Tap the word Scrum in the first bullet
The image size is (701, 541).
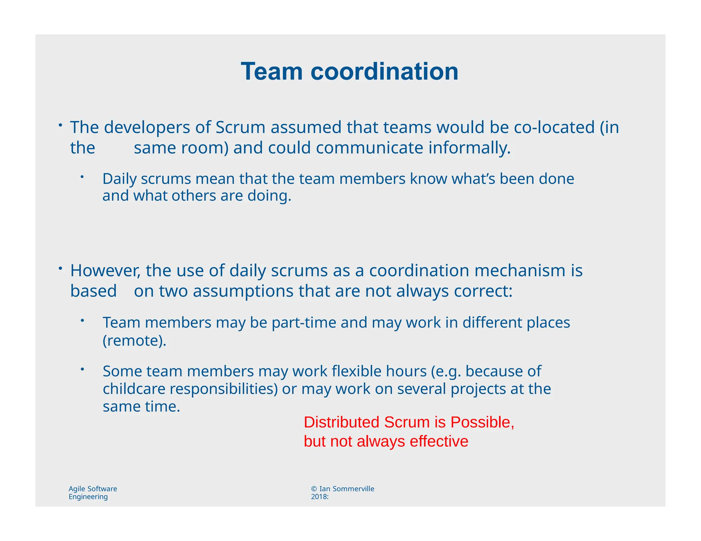pyautogui.click(x=240, y=127)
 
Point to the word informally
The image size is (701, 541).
pyautogui.click(x=469, y=148)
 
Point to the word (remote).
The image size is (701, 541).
pyautogui.click(x=135, y=341)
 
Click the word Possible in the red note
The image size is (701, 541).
pyautogui.click(x=482, y=422)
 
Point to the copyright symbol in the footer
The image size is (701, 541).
pyautogui.click(x=314, y=489)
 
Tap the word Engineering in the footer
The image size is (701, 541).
pyautogui.click(x=88, y=497)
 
